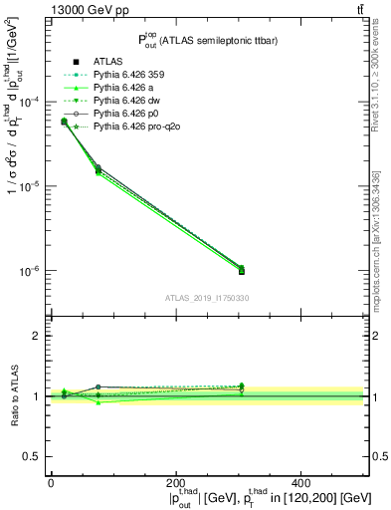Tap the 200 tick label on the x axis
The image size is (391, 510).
[176, 482]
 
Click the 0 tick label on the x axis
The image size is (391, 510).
[51, 482]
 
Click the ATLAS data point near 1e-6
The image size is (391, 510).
[242, 271]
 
